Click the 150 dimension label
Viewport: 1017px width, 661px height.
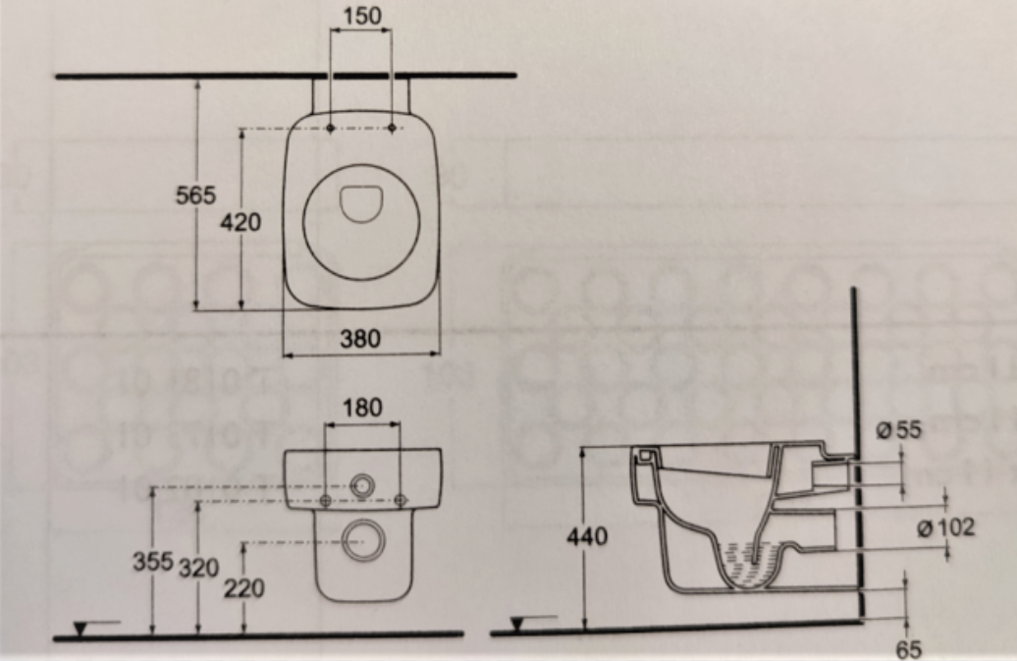pyautogui.click(x=362, y=16)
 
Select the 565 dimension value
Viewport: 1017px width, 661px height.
pyautogui.click(x=196, y=194)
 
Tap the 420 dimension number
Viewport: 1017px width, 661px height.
pyautogui.click(x=241, y=223)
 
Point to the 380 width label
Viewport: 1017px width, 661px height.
pyautogui.click(x=360, y=338)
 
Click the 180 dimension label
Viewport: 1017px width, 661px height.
pyautogui.click(x=362, y=408)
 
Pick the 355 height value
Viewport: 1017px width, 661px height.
pyautogui.click(x=153, y=561)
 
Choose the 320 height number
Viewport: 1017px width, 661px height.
pyautogui.click(x=198, y=569)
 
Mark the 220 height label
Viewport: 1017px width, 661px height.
pyautogui.click(x=244, y=588)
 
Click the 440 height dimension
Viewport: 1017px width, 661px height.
pyautogui.click(x=587, y=536)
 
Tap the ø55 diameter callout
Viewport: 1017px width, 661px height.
pyautogui.click(x=898, y=429)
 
